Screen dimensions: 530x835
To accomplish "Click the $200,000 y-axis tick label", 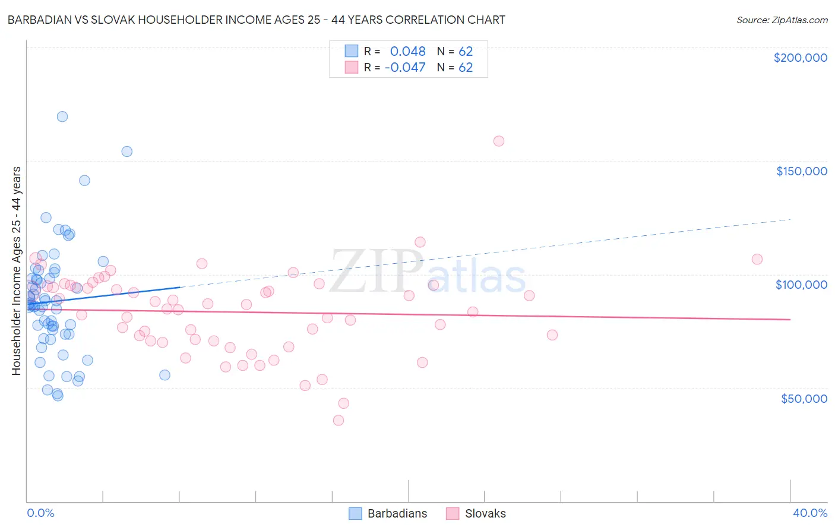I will click(x=800, y=58).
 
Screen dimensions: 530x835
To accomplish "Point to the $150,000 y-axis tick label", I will click(x=801, y=171).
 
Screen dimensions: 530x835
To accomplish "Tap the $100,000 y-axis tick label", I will click(x=801, y=285).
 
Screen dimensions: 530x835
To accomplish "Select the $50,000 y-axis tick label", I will click(x=804, y=398).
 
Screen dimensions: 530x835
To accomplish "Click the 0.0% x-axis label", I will click(x=40, y=513).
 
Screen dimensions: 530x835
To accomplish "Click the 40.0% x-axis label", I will click(x=810, y=513).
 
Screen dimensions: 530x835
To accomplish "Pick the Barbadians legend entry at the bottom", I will click(x=388, y=513).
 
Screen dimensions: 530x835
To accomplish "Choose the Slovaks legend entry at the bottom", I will click(x=476, y=513).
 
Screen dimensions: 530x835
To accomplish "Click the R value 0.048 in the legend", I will click(x=407, y=51).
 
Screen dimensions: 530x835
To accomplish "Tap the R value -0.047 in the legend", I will click(x=405, y=67).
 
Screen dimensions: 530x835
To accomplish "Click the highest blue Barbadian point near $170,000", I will click(x=62, y=116).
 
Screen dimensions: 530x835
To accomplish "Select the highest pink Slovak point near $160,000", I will click(x=499, y=141).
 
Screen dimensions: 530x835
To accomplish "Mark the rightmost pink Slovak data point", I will click(x=757, y=259).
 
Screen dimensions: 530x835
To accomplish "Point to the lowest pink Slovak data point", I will click(x=339, y=420).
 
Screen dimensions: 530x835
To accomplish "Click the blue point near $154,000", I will click(x=127, y=152).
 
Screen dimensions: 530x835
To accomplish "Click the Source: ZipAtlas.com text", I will click(x=782, y=20).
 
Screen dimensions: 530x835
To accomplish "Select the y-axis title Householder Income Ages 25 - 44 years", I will click(x=16, y=271).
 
